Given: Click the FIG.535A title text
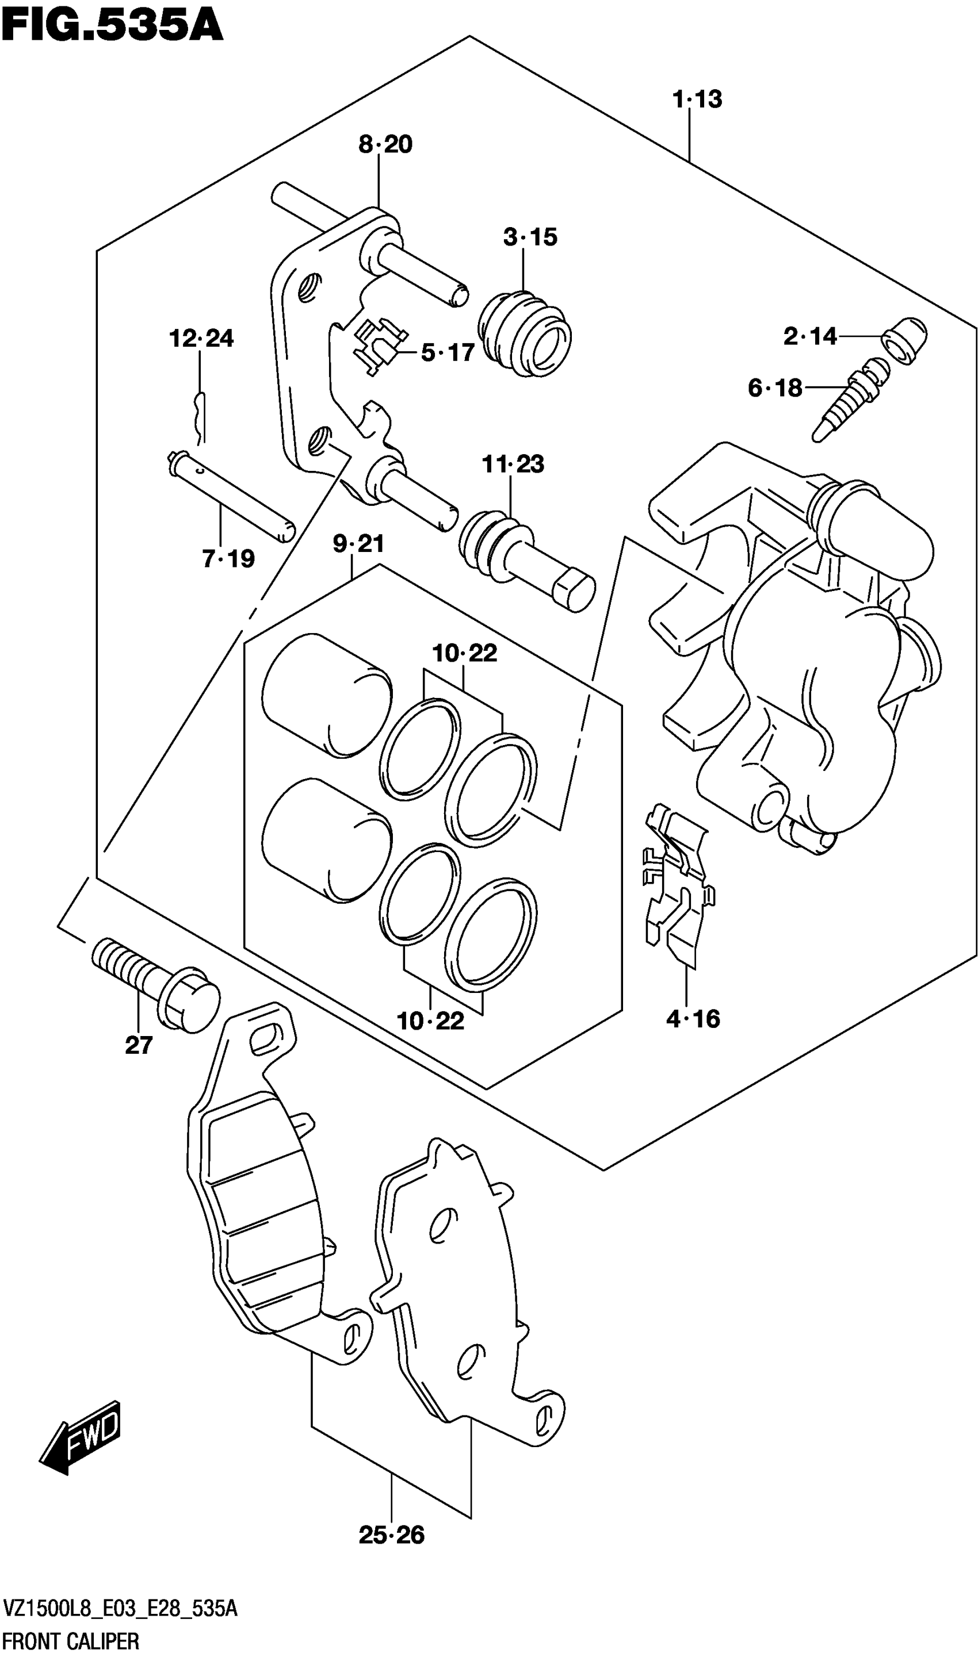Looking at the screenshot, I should [112, 26].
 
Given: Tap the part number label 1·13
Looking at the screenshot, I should [697, 99].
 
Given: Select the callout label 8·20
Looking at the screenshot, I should [385, 144].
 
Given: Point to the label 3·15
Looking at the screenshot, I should [530, 237].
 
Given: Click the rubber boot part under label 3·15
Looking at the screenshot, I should [525, 334].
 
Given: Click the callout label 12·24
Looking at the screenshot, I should [201, 339].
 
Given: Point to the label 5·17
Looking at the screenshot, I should [448, 353].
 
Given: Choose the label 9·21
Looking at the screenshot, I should [358, 544].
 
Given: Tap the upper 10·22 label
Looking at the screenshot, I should [464, 654].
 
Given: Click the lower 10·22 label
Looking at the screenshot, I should [430, 1022].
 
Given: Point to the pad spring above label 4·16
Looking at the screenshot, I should [678, 883].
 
